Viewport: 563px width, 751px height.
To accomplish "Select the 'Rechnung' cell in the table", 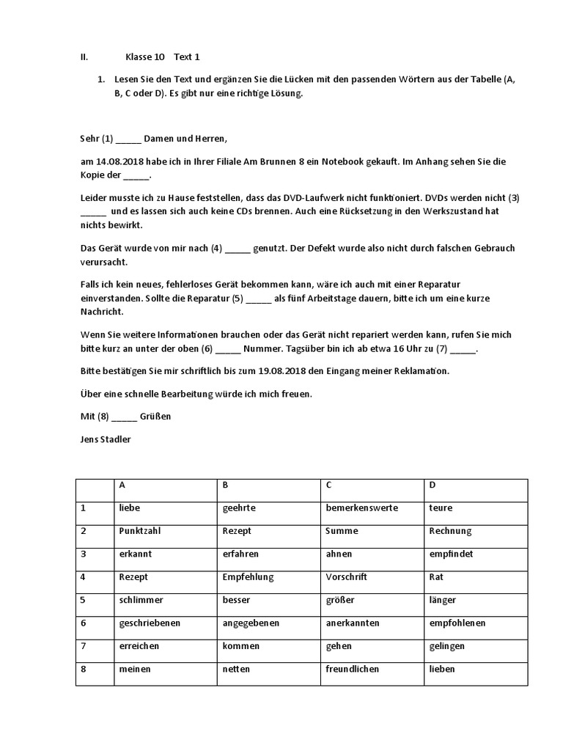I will click(x=476, y=531).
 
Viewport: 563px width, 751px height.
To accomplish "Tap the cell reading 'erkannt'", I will click(x=166, y=554).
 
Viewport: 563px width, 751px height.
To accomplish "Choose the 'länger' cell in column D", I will click(x=476, y=600).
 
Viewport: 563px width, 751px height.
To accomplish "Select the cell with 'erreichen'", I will click(x=166, y=646).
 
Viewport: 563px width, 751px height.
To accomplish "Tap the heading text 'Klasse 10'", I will click(x=145, y=56).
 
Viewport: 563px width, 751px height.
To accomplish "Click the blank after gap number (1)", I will click(x=128, y=139).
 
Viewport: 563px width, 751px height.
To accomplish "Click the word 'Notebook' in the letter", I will click(x=348, y=162).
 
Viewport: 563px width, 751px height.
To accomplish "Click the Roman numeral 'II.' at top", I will click(x=84, y=56).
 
